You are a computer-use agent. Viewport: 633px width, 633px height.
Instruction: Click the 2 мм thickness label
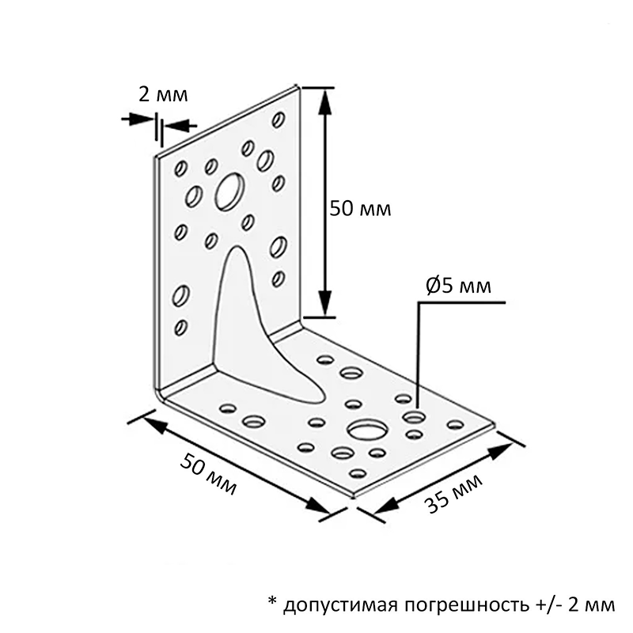(x=163, y=95)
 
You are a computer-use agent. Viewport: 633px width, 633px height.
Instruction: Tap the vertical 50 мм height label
(x=360, y=209)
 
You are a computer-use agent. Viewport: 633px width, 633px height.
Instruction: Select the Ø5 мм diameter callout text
(x=458, y=286)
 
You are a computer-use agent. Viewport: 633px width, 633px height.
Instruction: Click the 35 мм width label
(x=453, y=493)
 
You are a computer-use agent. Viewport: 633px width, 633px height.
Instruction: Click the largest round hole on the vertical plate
(x=229, y=191)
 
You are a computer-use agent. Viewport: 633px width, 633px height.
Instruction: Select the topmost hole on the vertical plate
(x=279, y=119)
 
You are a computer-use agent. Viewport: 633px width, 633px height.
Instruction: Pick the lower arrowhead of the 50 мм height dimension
(x=325, y=303)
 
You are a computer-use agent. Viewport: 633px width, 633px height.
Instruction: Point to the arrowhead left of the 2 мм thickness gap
(x=140, y=119)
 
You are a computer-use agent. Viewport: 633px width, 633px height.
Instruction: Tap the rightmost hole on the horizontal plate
(x=456, y=424)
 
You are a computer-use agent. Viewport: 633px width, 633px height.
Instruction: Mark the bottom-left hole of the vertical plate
(x=181, y=327)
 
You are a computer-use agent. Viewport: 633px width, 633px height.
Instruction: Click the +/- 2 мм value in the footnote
(x=576, y=605)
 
